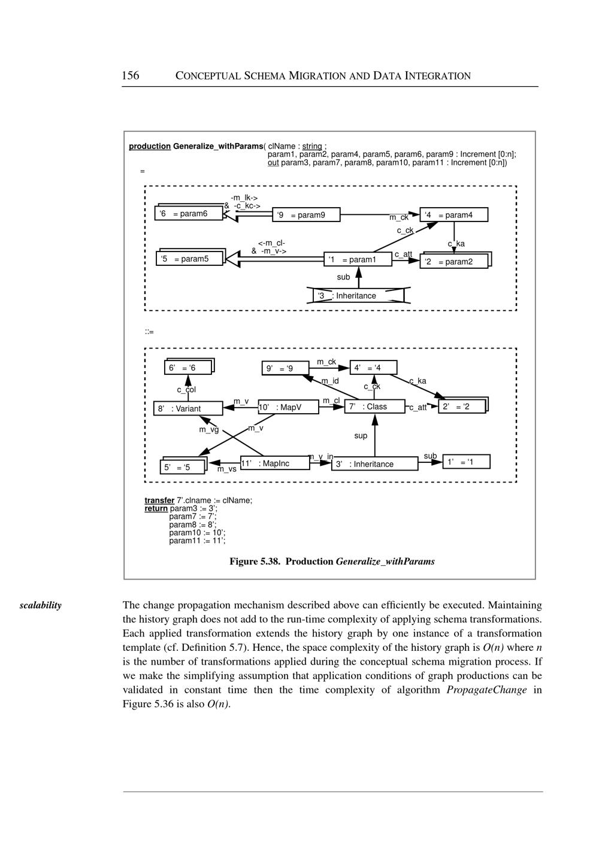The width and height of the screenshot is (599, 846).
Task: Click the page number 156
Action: point(131,75)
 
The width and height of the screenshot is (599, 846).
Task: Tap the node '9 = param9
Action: point(306,215)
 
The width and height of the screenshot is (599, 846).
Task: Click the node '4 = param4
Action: point(453,215)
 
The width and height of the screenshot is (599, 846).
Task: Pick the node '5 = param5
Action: point(189,259)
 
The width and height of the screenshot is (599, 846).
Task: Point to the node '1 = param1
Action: point(358,259)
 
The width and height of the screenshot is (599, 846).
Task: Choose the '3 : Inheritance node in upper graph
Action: point(358,296)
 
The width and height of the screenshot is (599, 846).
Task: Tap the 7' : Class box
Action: point(374,407)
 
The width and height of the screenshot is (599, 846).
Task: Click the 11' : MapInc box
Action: point(275,463)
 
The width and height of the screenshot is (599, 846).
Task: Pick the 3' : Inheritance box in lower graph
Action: point(374,463)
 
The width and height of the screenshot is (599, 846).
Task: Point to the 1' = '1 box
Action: point(466,462)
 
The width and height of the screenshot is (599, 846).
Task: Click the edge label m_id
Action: point(330,381)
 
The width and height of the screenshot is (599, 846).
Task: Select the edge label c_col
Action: point(186,390)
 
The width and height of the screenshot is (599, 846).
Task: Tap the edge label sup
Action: point(361,436)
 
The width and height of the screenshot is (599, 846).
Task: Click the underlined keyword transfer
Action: point(159,501)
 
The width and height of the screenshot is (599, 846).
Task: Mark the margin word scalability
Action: point(40,605)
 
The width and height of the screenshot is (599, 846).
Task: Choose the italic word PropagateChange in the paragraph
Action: point(486,690)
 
